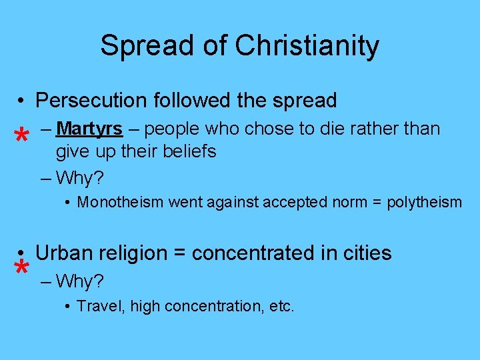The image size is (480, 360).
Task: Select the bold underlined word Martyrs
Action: point(90,128)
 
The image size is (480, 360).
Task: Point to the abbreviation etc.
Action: point(281,307)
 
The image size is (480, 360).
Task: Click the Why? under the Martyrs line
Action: point(80,179)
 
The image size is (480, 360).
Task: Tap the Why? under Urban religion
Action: point(80,282)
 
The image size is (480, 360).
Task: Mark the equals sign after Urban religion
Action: point(179,253)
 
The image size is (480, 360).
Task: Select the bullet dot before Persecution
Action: point(22,101)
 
